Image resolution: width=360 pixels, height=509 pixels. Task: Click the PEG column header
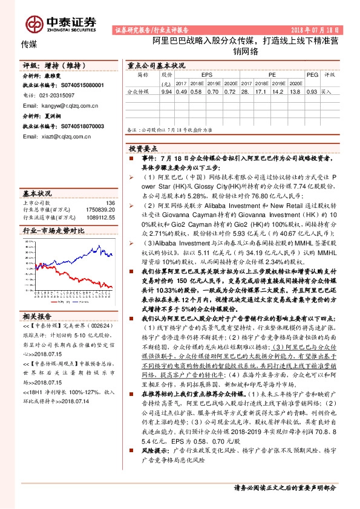click(312, 74)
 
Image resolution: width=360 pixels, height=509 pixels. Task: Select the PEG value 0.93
click(312, 92)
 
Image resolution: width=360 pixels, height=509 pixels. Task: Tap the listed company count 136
click(110, 203)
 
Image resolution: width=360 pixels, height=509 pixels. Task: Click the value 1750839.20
click(102, 209)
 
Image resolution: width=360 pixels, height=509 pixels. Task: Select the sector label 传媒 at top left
click(29, 44)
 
